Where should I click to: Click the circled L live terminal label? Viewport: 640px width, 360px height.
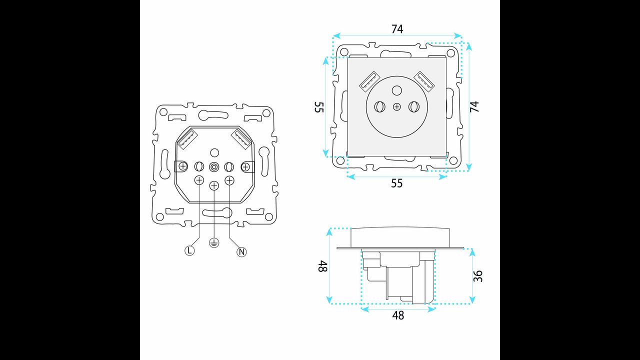[189, 251]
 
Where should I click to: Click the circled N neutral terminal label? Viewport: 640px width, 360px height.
[241, 252]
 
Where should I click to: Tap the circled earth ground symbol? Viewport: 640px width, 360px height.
[214, 243]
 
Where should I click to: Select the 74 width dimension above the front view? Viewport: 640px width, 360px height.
[397, 29]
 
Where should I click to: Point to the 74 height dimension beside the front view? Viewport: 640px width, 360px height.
[474, 106]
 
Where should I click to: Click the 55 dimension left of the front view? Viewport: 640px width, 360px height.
[319, 107]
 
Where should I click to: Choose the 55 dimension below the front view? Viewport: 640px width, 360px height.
[396, 183]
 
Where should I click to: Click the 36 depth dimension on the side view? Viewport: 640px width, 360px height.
[477, 276]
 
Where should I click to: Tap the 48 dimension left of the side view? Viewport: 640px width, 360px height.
[322, 265]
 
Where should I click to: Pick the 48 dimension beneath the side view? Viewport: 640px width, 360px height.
[398, 315]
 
